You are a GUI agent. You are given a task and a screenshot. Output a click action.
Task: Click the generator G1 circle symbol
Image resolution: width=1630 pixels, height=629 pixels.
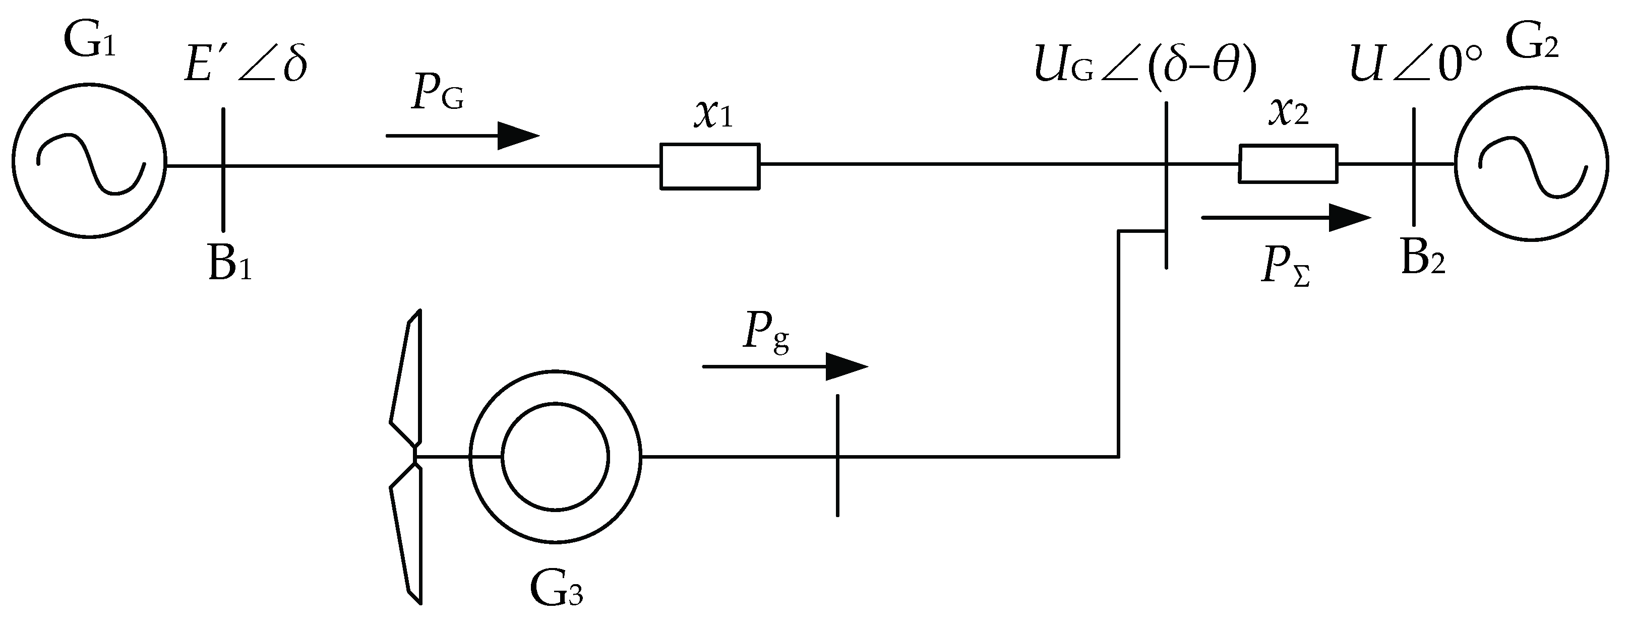pos(89,161)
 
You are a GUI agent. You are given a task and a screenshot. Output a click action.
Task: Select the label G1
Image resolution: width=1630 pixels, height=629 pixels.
pos(90,43)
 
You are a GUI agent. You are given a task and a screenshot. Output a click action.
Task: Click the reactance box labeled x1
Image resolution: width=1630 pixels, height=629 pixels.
pos(710,166)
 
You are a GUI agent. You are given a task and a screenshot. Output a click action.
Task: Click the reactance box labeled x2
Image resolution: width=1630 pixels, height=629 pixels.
pos(1288,164)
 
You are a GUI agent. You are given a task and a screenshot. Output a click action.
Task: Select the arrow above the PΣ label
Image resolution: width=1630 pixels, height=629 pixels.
pos(1285,218)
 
